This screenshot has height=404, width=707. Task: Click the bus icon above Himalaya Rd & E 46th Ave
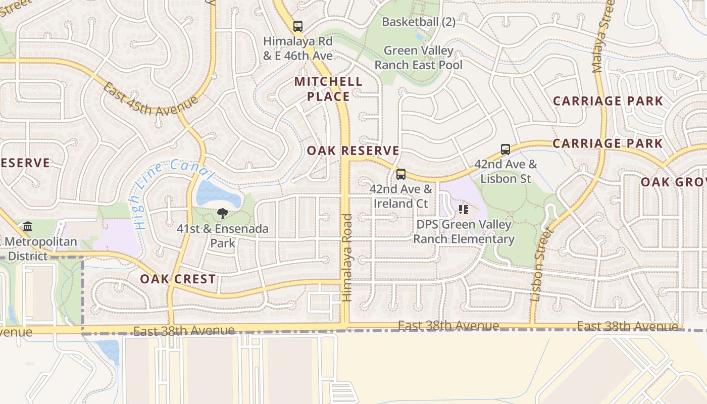(x=298, y=26)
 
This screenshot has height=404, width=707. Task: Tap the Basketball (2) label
(x=419, y=22)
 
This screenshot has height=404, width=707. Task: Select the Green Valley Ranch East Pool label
(x=419, y=58)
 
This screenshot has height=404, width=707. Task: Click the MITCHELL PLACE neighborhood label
(x=328, y=89)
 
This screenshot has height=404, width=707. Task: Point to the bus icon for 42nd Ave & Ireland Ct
(x=401, y=174)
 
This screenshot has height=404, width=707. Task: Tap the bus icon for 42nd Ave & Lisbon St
(x=506, y=149)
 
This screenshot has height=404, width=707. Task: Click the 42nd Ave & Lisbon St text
(x=506, y=171)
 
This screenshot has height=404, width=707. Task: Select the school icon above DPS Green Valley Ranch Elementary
(x=464, y=209)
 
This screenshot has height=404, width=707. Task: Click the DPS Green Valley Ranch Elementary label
(x=464, y=232)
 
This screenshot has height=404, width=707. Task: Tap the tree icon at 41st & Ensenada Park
(x=222, y=214)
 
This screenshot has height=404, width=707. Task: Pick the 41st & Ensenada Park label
(x=222, y=236)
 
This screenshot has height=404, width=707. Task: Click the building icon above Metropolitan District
(x=28, y=227)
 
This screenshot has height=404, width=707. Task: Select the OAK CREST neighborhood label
(x=178, y=279)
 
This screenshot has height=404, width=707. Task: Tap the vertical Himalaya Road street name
(x=347, y=258)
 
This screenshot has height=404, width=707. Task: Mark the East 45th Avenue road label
(x=149, y=99)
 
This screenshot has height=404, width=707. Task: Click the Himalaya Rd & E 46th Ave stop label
(x=298, y=48)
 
